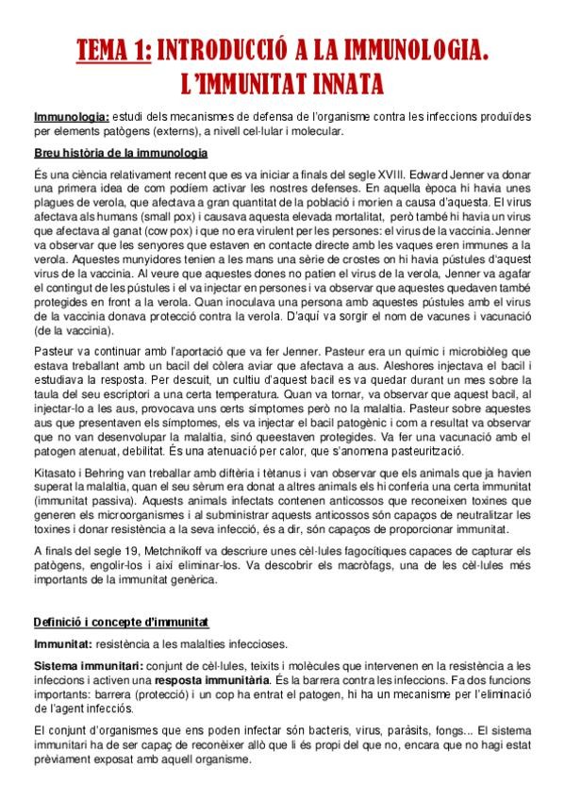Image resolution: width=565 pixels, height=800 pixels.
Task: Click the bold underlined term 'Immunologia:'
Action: pyautogui.click(x=70, y=116)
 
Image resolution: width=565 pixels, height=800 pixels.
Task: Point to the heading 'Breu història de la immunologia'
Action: pyautogui.click(x=121, y=154)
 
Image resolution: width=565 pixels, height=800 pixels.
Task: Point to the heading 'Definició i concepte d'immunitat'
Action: pyautogui.click(x=122, y=623)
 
